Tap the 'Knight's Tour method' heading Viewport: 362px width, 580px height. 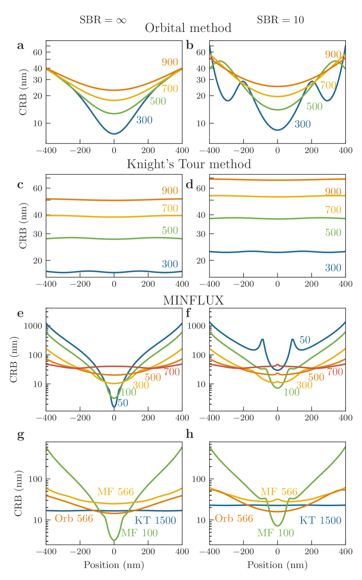[x=189, y=164]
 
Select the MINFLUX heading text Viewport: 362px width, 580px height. [x=188, y=300]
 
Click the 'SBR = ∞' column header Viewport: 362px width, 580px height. [x=103, y=20]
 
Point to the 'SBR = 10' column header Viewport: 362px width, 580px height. [x=280, y=20]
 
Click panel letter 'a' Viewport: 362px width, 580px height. [x=21, y=45]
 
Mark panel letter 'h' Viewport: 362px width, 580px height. [x=190, y=434]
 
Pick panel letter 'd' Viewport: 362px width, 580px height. [x=190, y=184]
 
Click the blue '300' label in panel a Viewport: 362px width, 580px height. [x=144, y=120]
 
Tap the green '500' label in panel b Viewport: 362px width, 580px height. [x=314, y=106]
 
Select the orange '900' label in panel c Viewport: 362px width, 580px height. [x=170, y=191]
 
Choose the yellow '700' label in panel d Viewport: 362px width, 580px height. [x=333, y=210]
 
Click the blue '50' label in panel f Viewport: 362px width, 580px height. [x=305, y=340]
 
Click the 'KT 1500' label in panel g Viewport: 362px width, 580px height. [x=155, y=520]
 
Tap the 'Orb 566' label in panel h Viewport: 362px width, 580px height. [x=234, y=519]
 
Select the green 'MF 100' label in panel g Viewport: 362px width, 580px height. [x=139, y=533]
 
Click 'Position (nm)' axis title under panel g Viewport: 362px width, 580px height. [x=114, y=565]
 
